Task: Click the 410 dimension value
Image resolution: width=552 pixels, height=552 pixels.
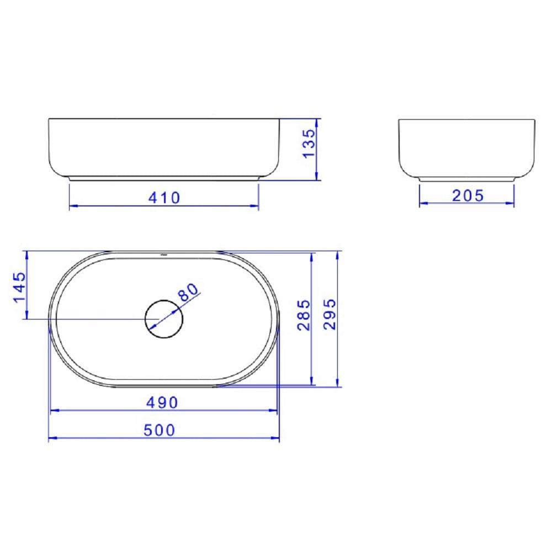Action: tap(164, 197)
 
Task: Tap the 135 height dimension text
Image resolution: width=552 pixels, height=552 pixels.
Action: tap(310, 143)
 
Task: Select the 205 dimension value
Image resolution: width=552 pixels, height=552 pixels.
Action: tap(467, 195)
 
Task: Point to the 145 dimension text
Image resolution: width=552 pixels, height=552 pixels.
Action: tap(19, 286)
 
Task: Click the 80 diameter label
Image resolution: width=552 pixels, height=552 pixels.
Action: tap(188, 292)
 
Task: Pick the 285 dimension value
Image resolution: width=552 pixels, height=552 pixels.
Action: tap(304, 315)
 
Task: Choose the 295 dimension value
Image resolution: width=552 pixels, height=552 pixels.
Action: tap(329, 315)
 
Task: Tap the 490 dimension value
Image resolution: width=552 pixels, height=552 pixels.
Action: tap(163, 402)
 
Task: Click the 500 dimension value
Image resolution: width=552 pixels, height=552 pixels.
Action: tap(159, 430)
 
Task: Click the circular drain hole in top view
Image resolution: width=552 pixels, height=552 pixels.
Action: tap(163, 319)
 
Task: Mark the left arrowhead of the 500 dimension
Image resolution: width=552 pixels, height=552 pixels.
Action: tap(52, 439)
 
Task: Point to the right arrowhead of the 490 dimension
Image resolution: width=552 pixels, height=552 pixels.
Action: tap(273, 411)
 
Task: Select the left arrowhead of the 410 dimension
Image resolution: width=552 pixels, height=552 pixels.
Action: tap(72, 206)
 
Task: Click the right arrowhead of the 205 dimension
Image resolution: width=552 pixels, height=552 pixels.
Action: tap(511, 204)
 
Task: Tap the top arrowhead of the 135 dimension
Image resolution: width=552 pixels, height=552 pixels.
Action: tap(316, 122)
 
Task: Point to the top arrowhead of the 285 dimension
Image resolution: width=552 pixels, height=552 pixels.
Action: tap(312, 257)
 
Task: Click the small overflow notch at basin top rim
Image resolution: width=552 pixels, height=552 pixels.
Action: tap(163, 255)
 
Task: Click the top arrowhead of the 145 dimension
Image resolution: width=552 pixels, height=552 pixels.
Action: tap(26, 254)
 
